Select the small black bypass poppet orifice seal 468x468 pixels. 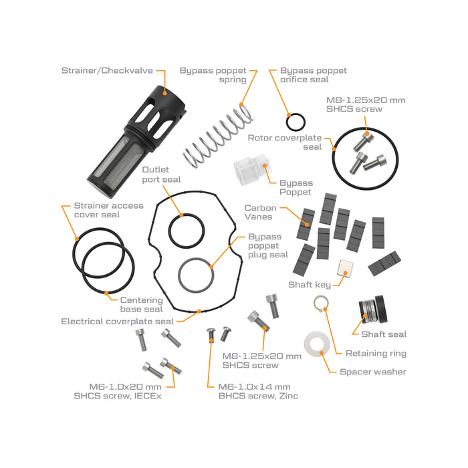296,122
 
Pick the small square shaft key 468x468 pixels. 344,267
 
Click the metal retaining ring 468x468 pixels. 321,306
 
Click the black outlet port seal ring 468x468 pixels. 186,231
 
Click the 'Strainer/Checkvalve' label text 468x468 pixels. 107,70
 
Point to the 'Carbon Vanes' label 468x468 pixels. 260,213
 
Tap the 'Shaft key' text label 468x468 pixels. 310,285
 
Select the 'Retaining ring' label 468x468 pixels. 376,353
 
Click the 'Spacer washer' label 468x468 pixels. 373,372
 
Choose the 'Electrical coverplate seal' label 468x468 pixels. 117,321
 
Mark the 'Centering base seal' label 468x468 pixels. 141,304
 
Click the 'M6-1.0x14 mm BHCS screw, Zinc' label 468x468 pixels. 253,391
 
